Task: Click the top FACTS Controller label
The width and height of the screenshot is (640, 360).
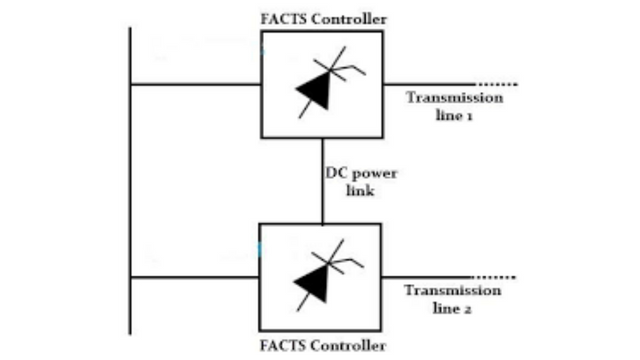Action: pyautogui.click(x=322, y=18)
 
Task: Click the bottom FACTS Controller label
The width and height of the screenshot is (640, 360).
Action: pyautogui.click(x=322, y=347)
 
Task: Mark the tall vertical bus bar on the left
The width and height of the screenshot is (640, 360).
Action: pyautogui.click(x=130, y=180)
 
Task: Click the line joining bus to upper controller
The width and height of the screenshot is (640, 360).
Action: pyautogui.click(x=195, y=84)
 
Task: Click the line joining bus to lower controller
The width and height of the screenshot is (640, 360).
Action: pyautogui.click(x=195, y=277)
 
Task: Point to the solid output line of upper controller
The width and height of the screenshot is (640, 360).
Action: pyautogui.click(x=430, y=84)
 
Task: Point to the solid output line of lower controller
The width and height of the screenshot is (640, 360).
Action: pyautogui.click(x=430, y=277)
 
